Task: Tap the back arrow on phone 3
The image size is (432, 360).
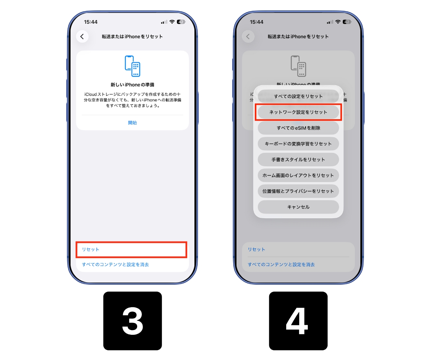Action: (82, 36)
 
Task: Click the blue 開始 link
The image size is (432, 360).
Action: (132, 123)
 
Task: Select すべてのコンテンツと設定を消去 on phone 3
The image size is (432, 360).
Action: (115, 265)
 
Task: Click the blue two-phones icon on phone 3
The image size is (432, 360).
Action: (132, 66)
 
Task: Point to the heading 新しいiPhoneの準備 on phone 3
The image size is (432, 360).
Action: (132, 85)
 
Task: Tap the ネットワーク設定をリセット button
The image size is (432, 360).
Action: (298, 112)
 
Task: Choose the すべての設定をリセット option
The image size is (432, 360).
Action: (298, 96)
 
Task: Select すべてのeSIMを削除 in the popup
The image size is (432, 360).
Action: (298, 128)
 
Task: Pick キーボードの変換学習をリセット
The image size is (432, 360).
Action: (298, 144)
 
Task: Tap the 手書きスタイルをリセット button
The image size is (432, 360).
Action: (298, 159)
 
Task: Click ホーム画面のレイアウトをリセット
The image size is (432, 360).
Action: (298, 175)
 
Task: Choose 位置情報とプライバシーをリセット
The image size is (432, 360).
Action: (298, 191)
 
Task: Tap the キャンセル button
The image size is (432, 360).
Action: (298, 207)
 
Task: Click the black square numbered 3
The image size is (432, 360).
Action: (132, 321)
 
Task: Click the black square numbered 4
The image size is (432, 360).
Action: (298, 321)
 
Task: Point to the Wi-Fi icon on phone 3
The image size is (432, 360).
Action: (172, 22)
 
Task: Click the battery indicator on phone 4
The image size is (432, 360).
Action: (347, 22)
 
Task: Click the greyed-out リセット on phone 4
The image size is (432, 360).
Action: (256, 249)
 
